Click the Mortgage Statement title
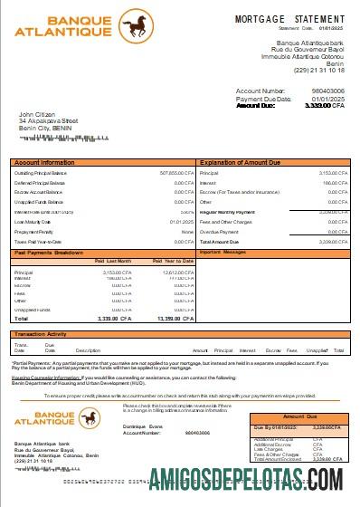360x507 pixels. pyautogui.click(x=289, y=18)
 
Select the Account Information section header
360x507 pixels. pyautogui.click(x=45, y=163)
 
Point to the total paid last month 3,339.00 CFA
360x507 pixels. pyautogui.click(x=115, y=319)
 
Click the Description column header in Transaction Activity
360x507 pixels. pyautogui.click(x=88, y=349)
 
